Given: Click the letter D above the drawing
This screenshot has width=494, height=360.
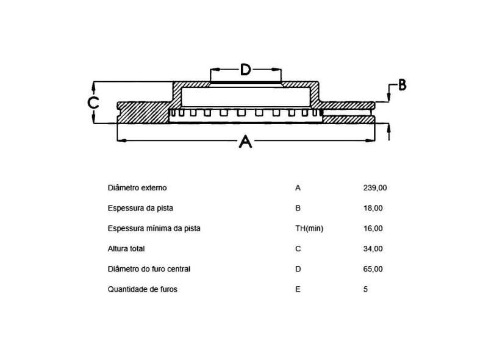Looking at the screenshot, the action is click(245, 70).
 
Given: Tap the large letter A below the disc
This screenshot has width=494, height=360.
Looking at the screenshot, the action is click(245, 141).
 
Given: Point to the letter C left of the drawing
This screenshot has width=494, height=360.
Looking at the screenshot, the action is click(93, 103).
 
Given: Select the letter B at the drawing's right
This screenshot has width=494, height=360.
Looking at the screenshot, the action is click(402, 85).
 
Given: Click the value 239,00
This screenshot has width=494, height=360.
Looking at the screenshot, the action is click(375, 188).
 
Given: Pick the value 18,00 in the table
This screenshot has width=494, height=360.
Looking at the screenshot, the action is click(373, 208).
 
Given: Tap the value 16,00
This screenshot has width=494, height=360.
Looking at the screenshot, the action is click(373, 228).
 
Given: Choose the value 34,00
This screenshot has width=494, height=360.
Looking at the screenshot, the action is click(373, 249).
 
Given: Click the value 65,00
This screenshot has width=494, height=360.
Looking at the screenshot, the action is click(373, 269).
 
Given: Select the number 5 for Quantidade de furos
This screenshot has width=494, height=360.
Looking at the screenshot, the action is click(365, 289).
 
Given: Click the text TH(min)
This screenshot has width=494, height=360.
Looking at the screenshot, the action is click(309, 229).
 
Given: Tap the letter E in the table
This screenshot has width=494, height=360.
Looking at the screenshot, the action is click(298, 289).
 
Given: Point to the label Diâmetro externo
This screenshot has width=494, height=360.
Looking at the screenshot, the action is click(137, 188).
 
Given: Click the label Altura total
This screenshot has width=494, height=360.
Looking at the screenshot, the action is click(126, 249).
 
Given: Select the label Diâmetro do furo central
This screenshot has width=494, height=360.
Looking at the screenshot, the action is click(149, 269).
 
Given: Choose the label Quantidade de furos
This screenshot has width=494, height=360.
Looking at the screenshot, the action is click(142, 289).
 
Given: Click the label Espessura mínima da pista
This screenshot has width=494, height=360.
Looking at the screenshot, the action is click(154, 228).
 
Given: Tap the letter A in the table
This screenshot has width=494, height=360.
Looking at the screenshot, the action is click(298, 188).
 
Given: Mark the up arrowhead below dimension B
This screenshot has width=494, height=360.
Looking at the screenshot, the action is click(388, 128).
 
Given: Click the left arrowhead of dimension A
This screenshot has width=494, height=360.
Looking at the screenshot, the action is click(121, 140).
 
